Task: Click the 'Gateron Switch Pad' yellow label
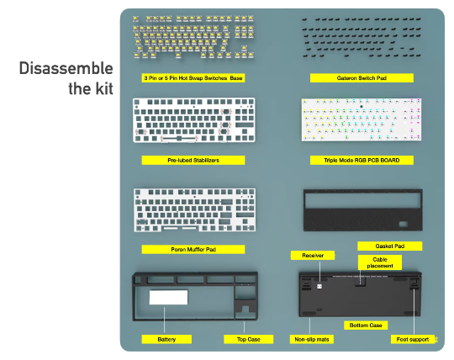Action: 362,78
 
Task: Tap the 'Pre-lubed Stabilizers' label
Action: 193,160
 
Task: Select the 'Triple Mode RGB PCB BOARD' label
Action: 362,160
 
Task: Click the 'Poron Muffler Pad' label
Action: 193,249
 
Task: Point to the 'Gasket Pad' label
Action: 390,246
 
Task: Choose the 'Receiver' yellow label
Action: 313,256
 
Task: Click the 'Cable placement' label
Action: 380,262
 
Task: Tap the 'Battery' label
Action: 166,340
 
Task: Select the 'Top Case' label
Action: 248,340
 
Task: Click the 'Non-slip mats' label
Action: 312,340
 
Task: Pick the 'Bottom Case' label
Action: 366,326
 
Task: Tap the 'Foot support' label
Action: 413,340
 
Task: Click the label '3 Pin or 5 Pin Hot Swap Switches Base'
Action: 193,78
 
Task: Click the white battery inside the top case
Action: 168,297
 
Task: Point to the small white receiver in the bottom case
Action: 319,286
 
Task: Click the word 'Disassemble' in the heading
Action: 66,68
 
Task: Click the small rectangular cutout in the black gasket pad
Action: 404,224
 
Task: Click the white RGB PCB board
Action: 362,120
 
